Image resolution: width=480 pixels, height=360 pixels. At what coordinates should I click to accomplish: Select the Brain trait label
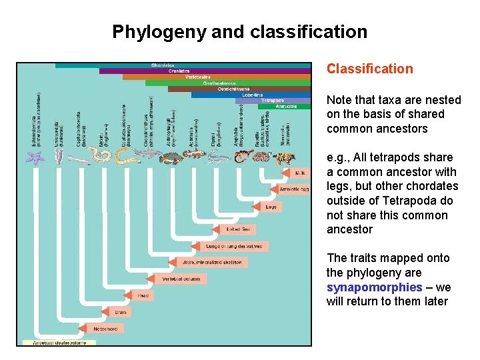121,311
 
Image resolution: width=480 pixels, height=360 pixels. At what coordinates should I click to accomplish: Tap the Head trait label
143,295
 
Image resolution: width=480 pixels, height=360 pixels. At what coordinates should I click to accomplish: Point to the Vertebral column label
178,279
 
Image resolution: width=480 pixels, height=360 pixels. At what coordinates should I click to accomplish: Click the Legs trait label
270,207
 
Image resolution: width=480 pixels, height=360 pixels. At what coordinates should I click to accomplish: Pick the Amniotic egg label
293,189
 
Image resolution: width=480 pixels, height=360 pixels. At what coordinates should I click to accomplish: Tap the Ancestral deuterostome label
58,343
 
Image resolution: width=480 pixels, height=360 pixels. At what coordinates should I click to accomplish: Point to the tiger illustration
286,159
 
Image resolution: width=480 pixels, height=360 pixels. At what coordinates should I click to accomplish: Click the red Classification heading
369,69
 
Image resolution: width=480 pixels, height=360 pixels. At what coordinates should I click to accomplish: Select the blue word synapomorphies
374,287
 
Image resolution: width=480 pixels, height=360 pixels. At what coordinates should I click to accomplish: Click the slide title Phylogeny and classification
239,32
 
